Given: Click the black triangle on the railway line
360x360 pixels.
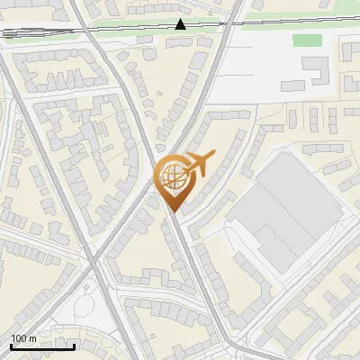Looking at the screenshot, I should point(181,24).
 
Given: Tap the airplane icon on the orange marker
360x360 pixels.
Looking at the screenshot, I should point(197,163).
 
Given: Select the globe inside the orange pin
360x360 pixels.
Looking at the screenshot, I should point(173,177).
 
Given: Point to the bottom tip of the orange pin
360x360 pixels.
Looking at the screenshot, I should point(173,211).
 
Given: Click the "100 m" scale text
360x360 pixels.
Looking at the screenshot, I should point(23,338).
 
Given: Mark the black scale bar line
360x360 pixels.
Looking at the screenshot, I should point(42,346).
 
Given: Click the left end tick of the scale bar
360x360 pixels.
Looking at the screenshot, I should point(11,345).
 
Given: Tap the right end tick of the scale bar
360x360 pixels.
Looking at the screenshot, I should point(74,345).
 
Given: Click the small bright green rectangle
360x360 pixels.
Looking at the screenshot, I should point(307,40).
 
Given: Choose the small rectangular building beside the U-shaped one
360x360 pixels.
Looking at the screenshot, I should point(292,85).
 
